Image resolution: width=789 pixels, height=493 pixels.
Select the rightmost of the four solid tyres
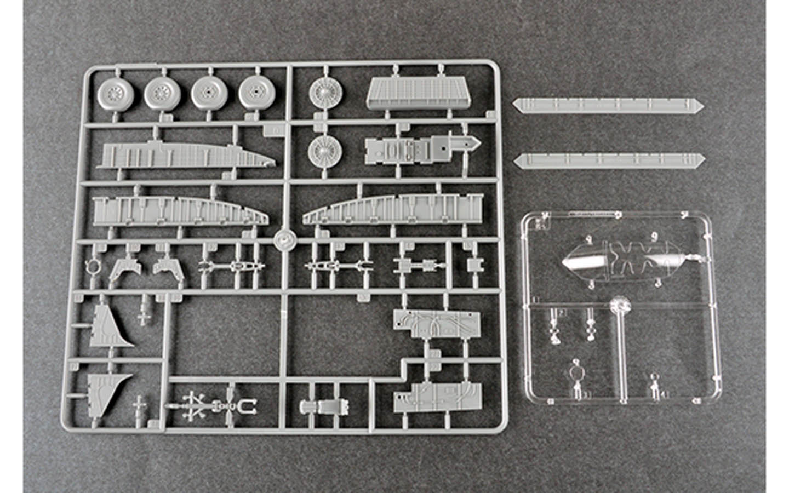point(255,91)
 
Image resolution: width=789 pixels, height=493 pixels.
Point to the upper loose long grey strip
point(610,105)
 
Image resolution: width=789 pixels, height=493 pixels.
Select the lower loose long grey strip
point(610,160)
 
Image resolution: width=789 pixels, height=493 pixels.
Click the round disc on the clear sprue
point(620,303)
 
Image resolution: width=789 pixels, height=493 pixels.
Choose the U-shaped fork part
point(250,406)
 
